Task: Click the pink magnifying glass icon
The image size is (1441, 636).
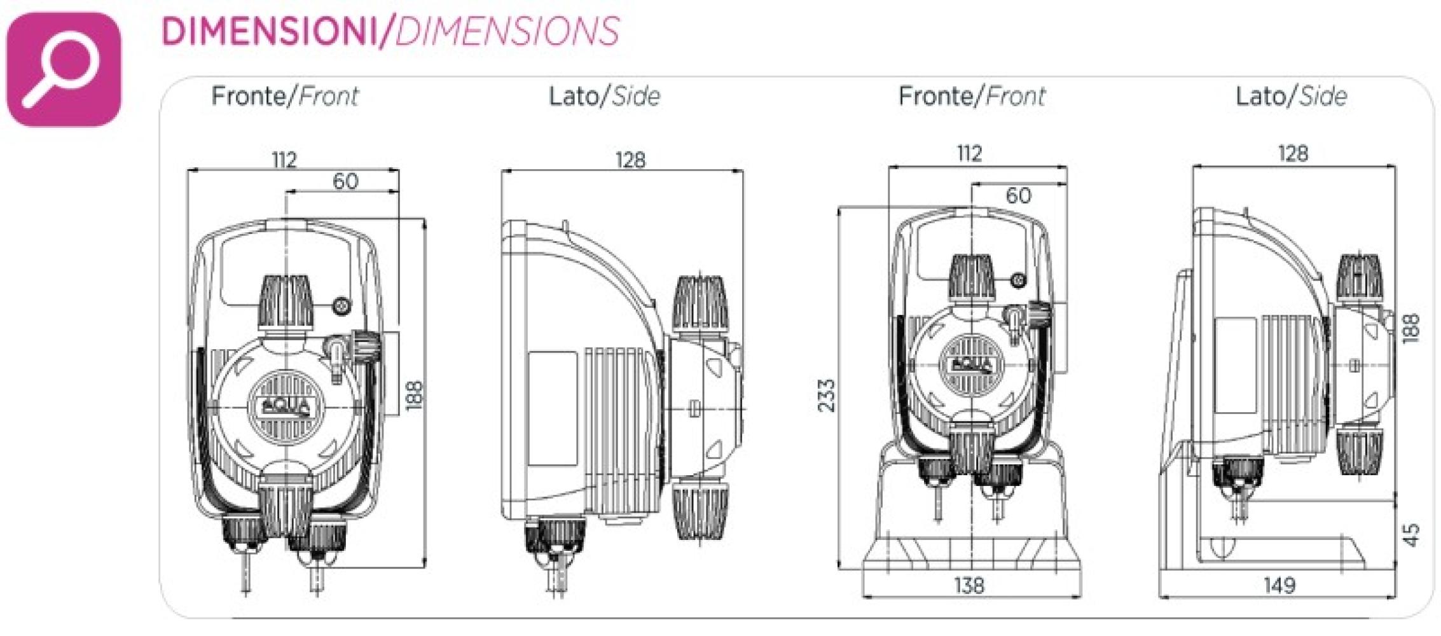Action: point(63,69)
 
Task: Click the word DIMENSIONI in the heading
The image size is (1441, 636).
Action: point(270,31)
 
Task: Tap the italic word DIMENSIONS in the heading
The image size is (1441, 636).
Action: point(507,31)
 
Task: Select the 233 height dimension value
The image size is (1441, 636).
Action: point(826,396)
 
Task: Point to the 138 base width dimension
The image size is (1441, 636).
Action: point(969,585)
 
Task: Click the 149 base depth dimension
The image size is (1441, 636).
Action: point(1279,585)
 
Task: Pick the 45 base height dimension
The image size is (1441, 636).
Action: point(1410,535)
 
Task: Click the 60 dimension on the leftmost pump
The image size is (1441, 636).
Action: point(346,181)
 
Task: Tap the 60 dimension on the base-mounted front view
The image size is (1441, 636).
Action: point(1018,195)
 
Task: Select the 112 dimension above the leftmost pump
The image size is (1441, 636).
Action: point(284,159)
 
